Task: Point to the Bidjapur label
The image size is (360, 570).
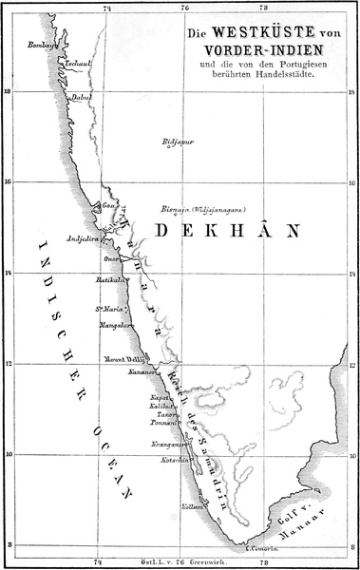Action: [x=179, y=142]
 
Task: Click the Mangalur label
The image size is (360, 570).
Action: [x=113, y=324]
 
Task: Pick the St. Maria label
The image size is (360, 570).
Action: [x=106, y=308]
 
